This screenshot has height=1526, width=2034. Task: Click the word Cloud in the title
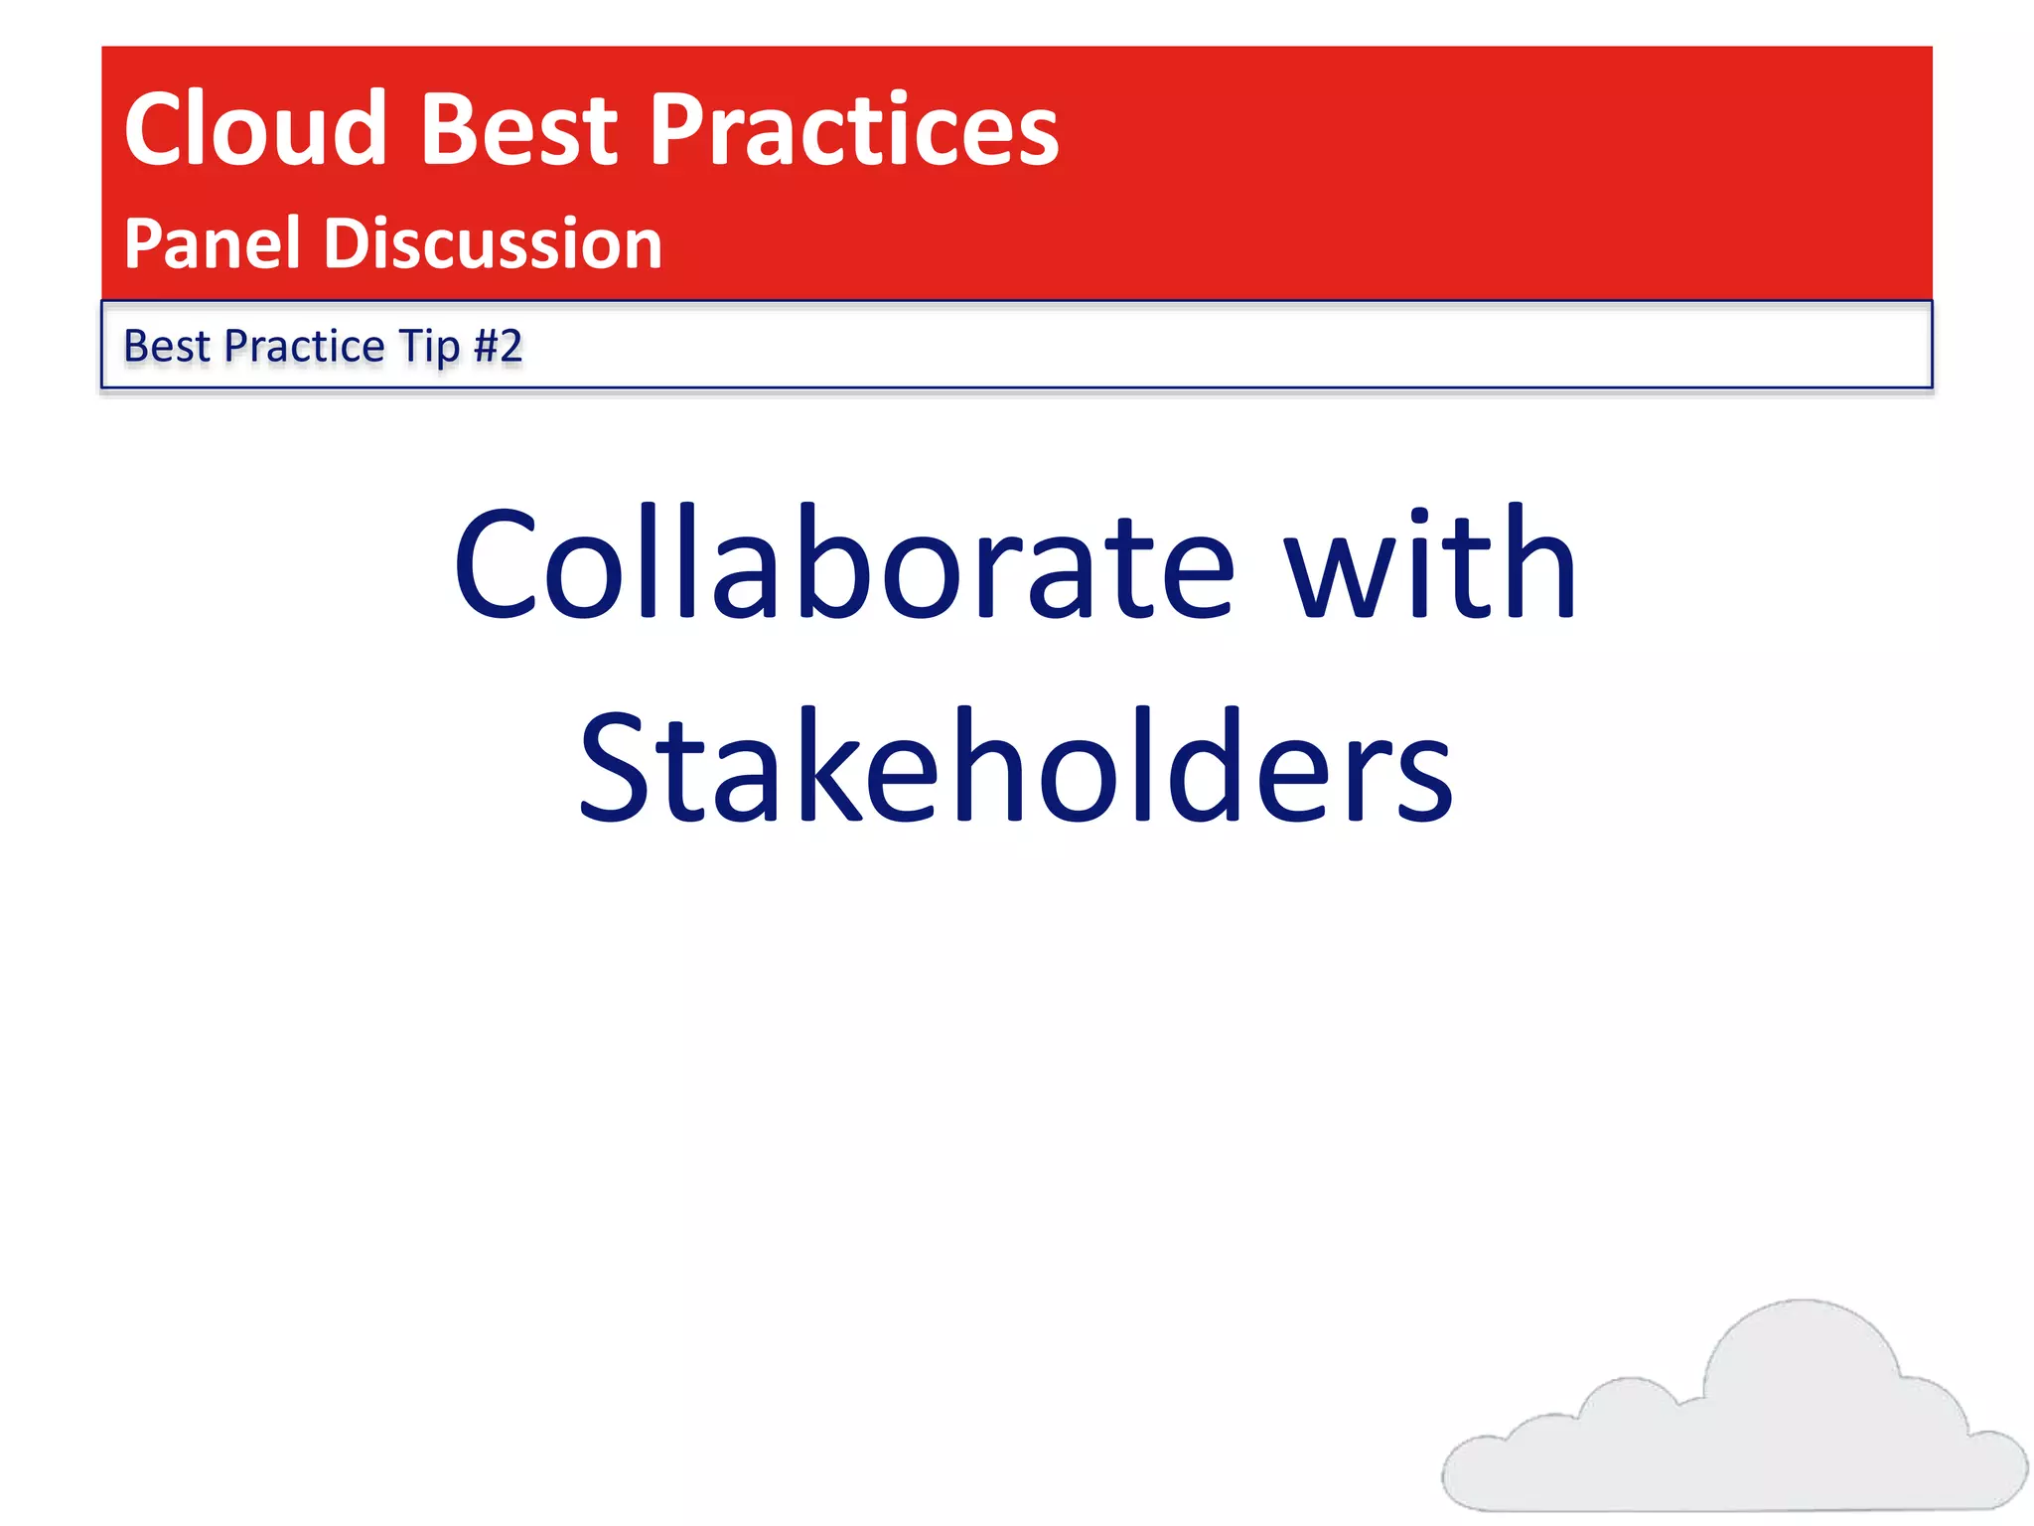pos(254,129)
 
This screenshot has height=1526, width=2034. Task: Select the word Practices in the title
pos(854,129)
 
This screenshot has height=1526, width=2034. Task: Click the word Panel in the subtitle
pos(212,243)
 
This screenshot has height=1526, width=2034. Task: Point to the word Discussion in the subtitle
pos(493,243)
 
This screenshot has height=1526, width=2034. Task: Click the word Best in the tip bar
pos(166,346)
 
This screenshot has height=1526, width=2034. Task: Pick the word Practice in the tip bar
pos(304,346)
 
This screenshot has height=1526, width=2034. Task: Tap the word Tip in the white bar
pos(429,346)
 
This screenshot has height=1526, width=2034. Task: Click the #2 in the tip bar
pos(499,346)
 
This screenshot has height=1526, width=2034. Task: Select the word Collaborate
pos(844,564)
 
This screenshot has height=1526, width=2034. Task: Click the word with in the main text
pos(1430,564)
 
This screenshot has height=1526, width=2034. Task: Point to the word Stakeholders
pos(1015,767)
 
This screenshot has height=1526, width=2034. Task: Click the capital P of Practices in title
pos(681,129)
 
